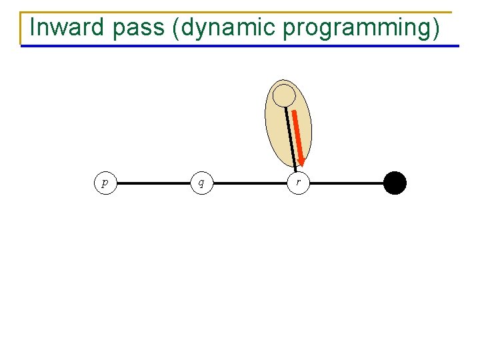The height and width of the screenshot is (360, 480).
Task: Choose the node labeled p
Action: [105, 183]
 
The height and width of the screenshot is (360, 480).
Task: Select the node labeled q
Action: [201, 183]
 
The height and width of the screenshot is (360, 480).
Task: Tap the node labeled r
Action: [298, 183]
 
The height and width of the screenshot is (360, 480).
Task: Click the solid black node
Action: [395, 183]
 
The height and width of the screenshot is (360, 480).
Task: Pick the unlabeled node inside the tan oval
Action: [285, 95]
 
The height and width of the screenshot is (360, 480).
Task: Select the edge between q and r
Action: [250, 183]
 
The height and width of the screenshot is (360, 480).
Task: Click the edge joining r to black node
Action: [347, 183]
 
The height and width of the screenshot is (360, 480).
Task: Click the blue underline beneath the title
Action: [240, 46]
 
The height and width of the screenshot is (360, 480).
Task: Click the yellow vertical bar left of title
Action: [21, 28]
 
